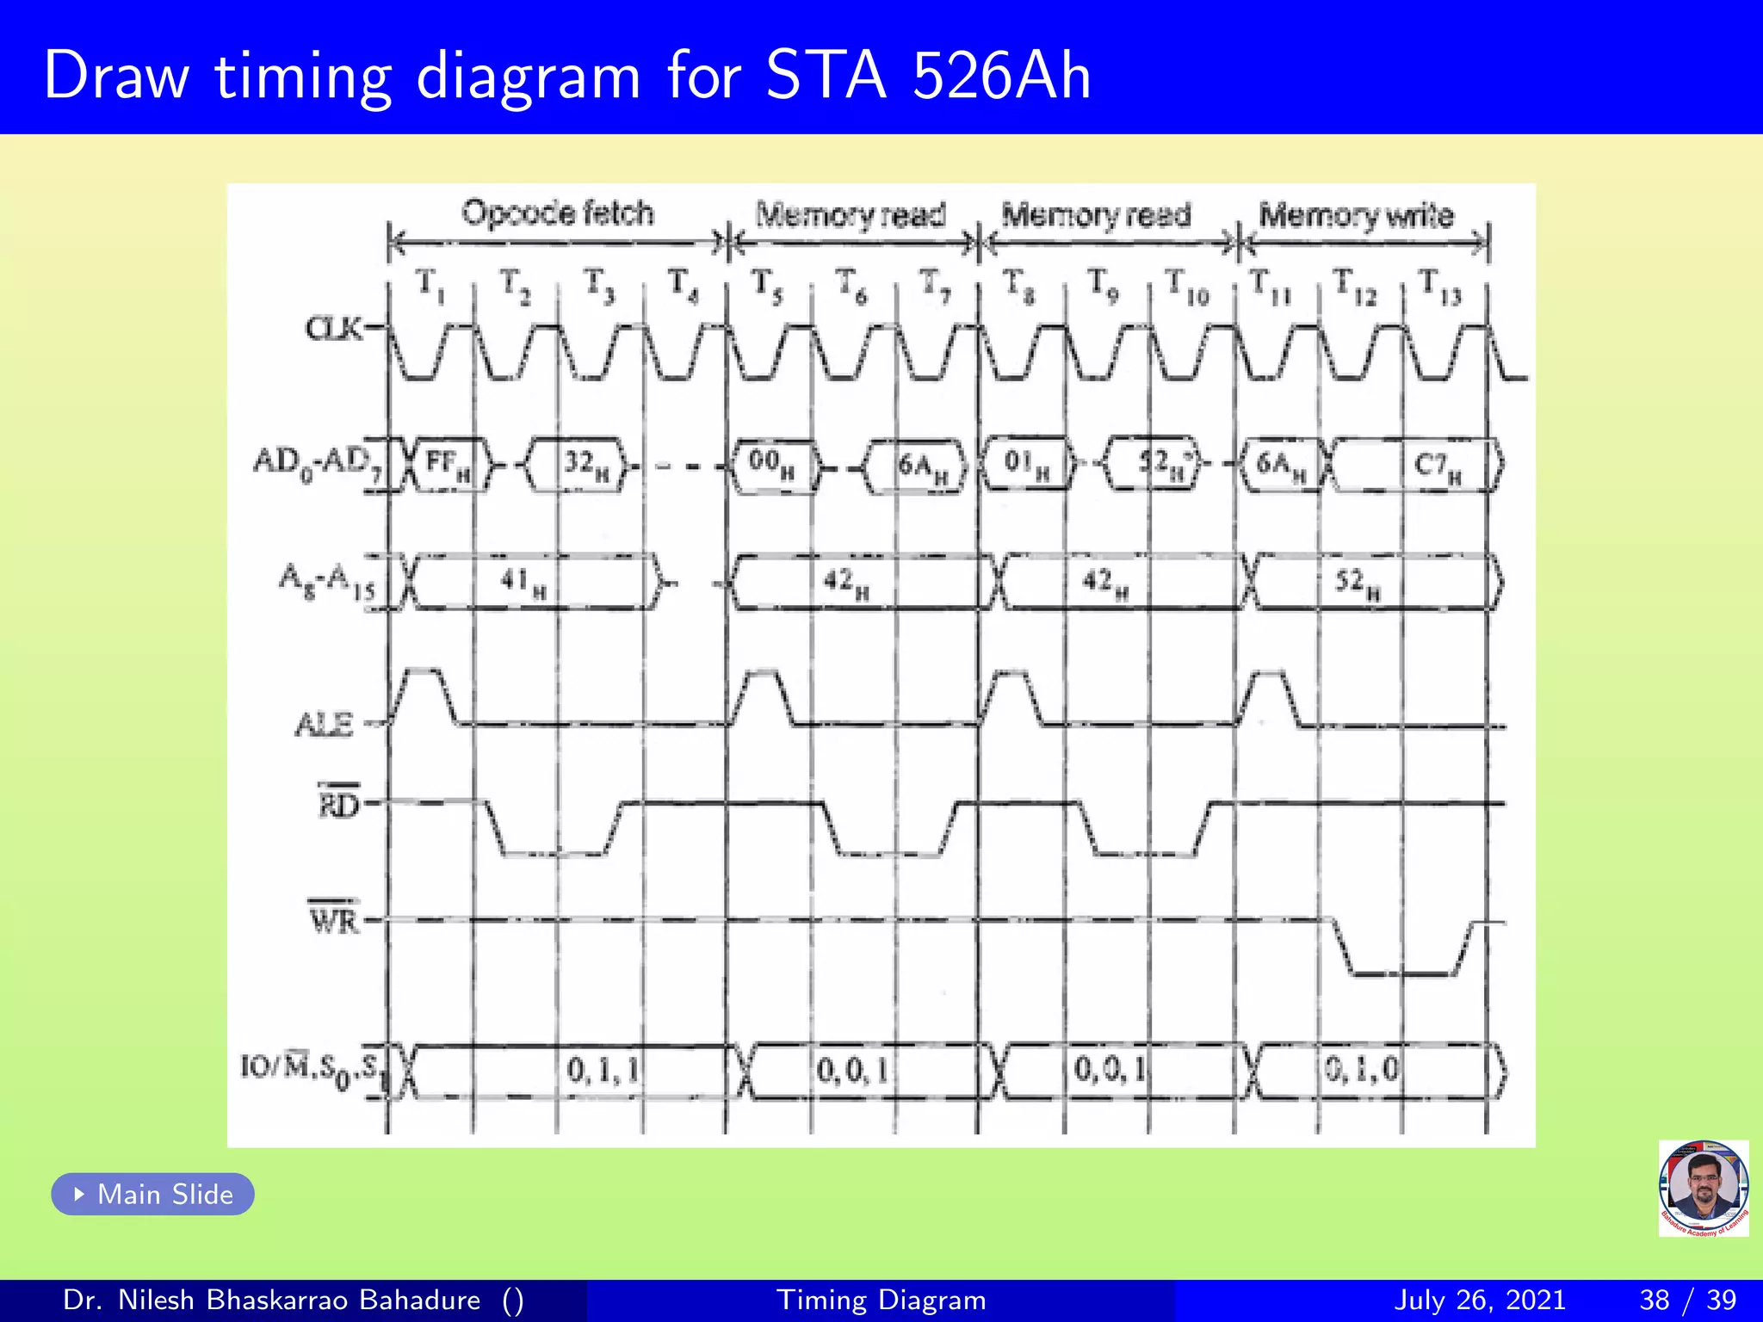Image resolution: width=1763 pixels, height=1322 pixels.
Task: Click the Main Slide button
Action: pyautogui.click(x=153, y=1194)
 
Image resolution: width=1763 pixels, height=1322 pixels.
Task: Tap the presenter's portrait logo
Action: pyautogui.click(x=1703, y=1188)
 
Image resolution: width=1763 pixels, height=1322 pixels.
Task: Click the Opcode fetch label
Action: pyautogui.click(x=558, y=213)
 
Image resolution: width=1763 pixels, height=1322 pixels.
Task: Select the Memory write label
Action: pyautogui.click(x=1356, y=214)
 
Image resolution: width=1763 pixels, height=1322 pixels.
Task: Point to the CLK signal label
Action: pyautogui.click(x=333, y=329)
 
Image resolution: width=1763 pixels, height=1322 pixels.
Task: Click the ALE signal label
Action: pyautogui.click(x=325, y=724)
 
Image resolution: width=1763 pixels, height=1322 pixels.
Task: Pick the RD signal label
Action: pyautogui.click(x=338, y=804)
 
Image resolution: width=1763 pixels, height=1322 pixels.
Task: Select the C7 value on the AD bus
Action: pyautogui.click(x=1437, y=466)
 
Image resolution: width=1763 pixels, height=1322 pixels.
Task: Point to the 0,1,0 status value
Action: pyautogui.click(x=1362, y=1070)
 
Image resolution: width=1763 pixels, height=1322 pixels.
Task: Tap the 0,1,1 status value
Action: pyautogui.click(x=603, y=1070)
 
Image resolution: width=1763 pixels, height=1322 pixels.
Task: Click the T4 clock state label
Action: pyautogui.click(x=684, y=285)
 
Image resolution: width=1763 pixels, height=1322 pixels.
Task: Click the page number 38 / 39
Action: pyautogui.click(x=1687, y=1300)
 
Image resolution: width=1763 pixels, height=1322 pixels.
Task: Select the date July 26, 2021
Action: pyautogui.click(x=1479, y=1300)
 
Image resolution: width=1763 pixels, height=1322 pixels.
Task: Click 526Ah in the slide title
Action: pyautogui.click(x=1001, y=76)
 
